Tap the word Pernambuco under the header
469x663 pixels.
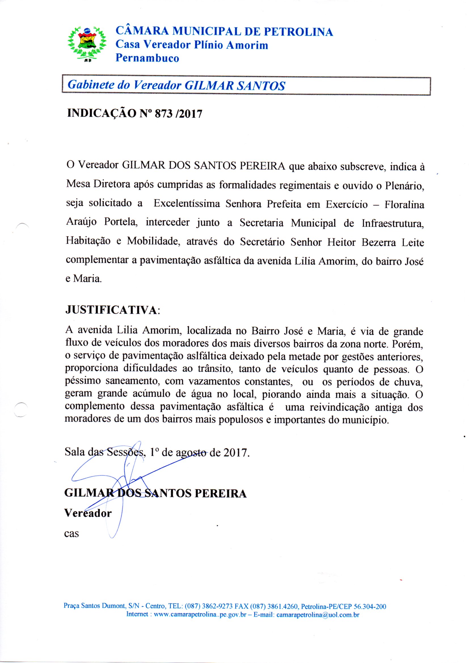click(x=147, y=58)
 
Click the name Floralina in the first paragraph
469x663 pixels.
click(x=404, y=204)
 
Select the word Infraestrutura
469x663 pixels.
click(x=392, y=223)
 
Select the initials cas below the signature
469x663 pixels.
click(x=71, y=533)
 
